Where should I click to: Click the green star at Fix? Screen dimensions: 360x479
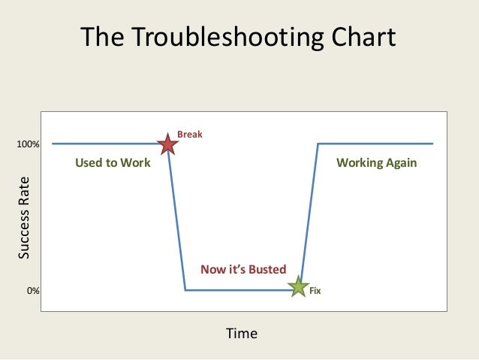(x=299, y=288)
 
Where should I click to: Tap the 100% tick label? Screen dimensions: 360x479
(x=29, y=144)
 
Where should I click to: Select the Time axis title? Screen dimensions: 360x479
(x=242, y=333)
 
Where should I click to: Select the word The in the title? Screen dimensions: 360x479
(x=102, y=38)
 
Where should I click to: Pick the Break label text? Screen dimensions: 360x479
(x=189, y=135)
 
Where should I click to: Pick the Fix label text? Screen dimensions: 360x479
(x=315, y=290)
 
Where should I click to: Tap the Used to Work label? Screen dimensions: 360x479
(x=113, y=163)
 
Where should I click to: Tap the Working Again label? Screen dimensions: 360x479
(x=376, y=163)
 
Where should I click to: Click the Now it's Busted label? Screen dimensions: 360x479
(x=243, y=269)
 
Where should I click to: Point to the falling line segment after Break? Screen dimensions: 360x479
(x=177, y=218)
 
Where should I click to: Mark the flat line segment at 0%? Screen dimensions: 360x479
(x=240, y=290)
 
